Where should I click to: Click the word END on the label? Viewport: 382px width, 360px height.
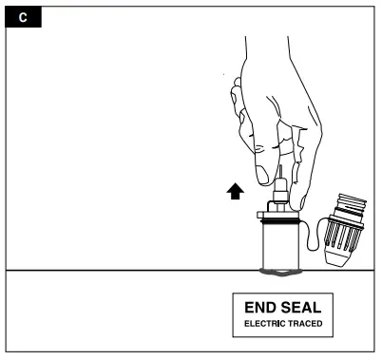[x=261, y=309]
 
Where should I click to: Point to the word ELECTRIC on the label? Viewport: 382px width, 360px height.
[x=262, y=324]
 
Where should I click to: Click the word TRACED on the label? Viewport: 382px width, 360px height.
[x=303, y=324]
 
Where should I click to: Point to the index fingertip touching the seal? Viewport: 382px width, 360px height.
[x=301, y=199]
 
